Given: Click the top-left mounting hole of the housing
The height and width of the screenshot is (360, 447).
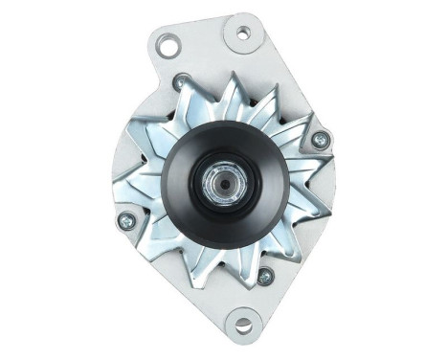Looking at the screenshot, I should [169, 44].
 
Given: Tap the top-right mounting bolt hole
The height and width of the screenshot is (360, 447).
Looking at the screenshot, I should [242, 34].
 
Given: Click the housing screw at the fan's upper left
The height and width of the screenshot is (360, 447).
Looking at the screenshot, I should [178, 83].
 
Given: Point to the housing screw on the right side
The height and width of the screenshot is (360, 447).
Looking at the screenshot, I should [321, 140].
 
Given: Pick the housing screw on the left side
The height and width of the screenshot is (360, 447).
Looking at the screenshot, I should [124, 222].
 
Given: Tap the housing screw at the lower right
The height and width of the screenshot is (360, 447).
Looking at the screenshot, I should [265, 277].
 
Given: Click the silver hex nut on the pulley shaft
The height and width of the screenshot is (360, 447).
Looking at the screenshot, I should [221, 178].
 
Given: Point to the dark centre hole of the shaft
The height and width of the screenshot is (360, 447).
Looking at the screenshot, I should [221, 178].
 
